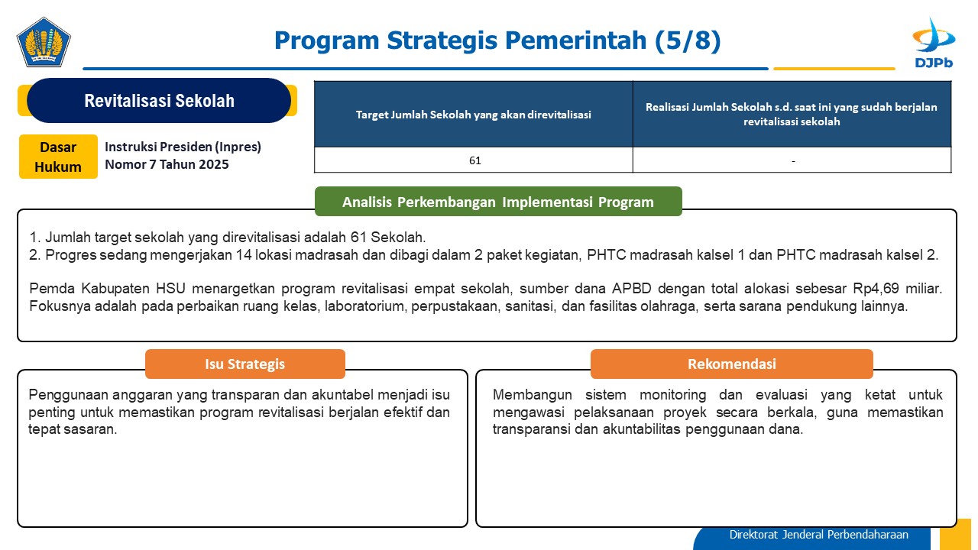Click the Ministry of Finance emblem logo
44,42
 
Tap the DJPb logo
934,43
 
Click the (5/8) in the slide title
688,40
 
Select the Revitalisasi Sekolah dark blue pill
159,100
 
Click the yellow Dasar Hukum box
58,157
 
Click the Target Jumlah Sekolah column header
473,115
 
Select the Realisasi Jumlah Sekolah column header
792,114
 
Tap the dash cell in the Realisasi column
792,160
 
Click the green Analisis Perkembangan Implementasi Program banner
498,202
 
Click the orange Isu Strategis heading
245,364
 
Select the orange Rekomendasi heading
732,364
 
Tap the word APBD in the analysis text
632,289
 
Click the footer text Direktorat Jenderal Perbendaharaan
818,535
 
